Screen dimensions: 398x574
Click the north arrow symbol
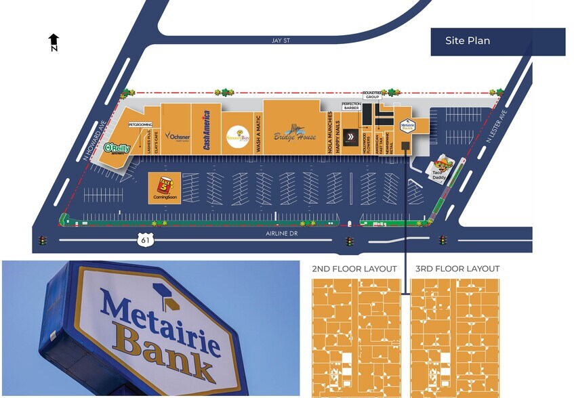54,42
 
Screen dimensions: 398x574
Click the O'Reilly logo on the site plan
112,148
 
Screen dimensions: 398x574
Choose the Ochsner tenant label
178,135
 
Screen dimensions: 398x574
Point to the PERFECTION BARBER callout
351,106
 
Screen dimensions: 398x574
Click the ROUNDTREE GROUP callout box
373,95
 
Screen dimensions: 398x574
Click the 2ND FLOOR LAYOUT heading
354,269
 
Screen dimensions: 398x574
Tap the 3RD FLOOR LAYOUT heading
457,269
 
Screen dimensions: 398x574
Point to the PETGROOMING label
140,125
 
